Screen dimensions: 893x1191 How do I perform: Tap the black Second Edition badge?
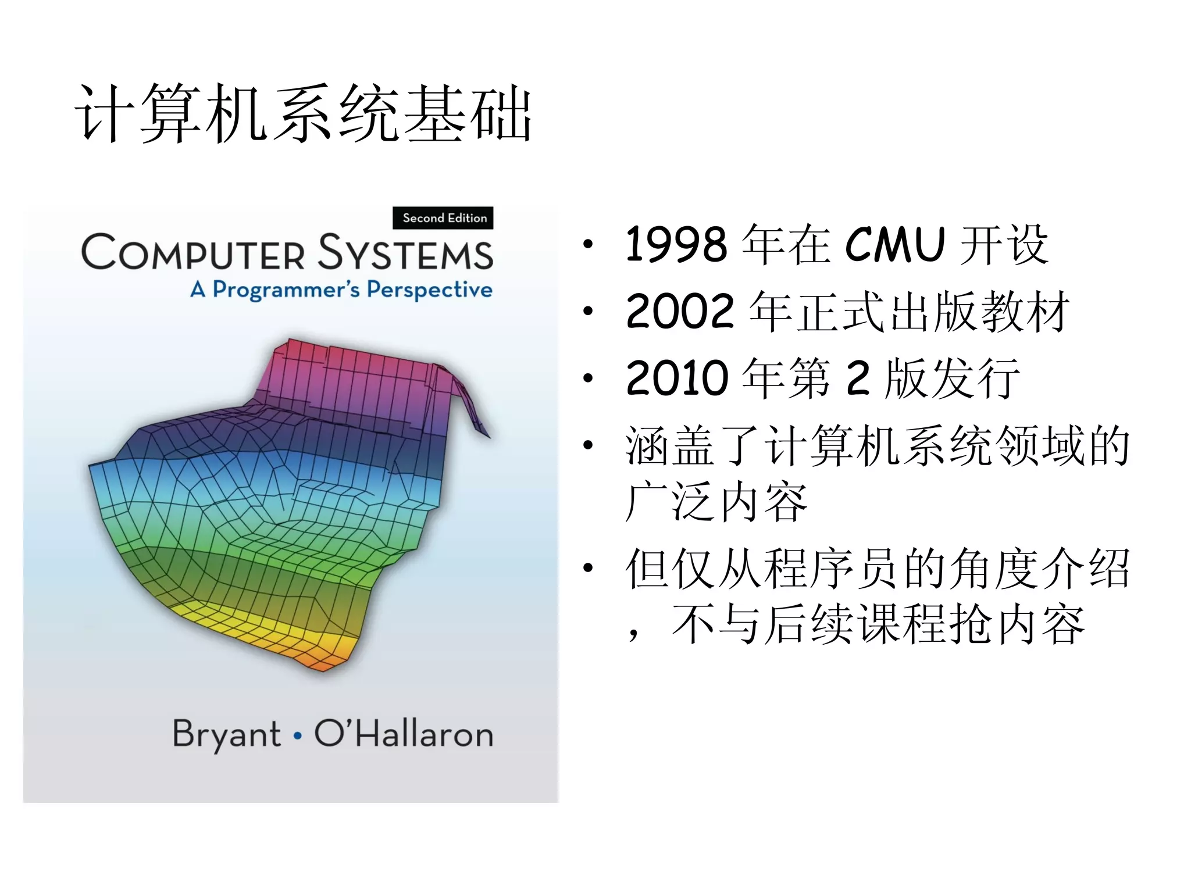click(443, 218)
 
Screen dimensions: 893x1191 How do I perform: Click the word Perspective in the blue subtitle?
click(429, 290)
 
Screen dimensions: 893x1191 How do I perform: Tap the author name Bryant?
click(227, 734)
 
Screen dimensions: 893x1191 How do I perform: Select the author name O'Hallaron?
click(404, 734)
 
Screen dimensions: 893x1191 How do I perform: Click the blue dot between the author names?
click(298, 736)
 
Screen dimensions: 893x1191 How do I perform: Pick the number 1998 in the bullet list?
click(676, 245)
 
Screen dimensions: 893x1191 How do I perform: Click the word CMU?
click(894, 245)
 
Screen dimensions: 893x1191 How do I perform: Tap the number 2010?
click(677, 378)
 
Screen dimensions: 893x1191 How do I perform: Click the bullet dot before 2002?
click(588, 312)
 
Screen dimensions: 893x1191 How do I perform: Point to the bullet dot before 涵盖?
click(588, 445)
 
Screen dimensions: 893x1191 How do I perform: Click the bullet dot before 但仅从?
click(588, 568)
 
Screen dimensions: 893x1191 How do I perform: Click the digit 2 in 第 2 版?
click(858, 378)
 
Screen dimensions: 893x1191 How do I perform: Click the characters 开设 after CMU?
click(1004, 245)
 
